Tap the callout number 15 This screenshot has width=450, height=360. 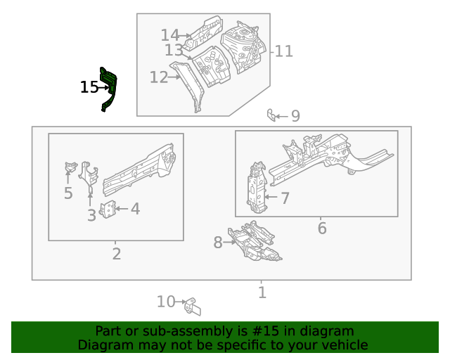89,87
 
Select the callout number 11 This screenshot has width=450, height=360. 283,51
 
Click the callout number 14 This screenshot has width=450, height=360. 169,35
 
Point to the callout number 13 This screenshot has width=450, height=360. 174,51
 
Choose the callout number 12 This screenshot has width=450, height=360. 158,77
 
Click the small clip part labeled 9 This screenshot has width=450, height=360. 271,114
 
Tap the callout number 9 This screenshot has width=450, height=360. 295,116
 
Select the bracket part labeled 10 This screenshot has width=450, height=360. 192,306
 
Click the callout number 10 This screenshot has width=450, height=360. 166,302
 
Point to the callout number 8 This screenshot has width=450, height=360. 217,243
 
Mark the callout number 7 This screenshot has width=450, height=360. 285,198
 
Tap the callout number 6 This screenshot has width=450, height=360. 322,229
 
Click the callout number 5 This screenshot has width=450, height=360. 68,193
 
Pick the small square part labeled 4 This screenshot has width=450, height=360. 109,210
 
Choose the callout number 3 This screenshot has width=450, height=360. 91,215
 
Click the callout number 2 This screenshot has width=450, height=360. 117,254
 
